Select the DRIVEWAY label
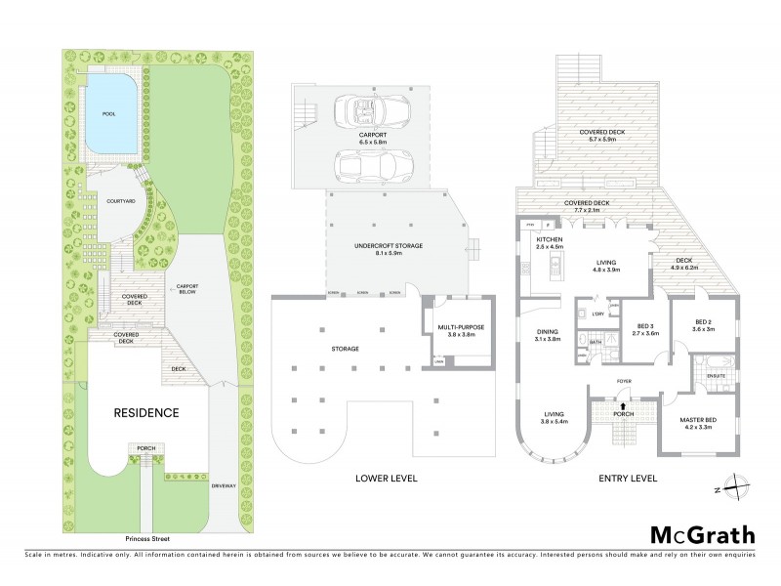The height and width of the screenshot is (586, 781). click(224, 483)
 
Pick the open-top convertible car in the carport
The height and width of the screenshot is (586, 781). click(358, 109)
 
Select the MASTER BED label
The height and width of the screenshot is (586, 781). click(698, 420)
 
